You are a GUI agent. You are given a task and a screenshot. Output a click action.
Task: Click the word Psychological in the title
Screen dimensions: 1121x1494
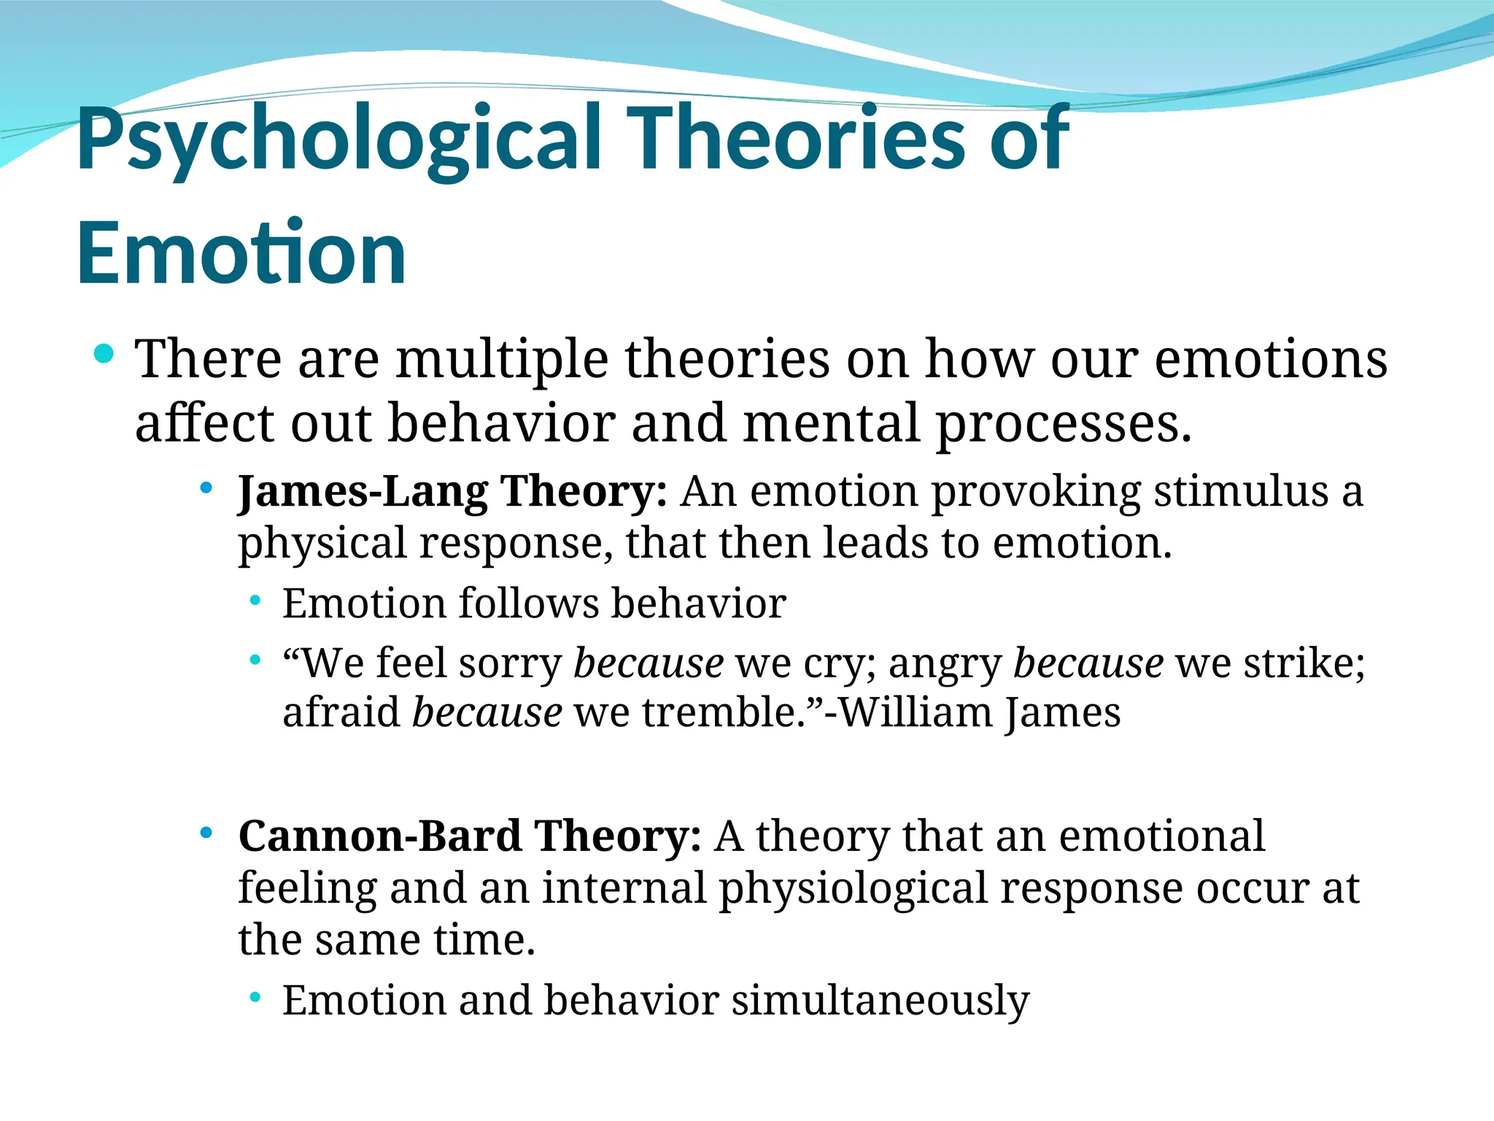(x=338, y=140)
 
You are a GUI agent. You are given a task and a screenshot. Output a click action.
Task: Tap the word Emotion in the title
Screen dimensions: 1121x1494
(x=241, y=253)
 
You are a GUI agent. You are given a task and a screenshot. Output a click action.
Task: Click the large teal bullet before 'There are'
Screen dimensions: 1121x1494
(x=104, y=355)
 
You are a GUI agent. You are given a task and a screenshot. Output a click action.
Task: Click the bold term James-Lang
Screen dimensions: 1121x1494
(x=363, y=492)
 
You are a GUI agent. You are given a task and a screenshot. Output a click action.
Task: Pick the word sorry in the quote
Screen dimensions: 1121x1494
(x=510, y=664)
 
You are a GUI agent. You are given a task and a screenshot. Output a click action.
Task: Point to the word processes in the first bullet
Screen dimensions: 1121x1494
(x=1063, y=425)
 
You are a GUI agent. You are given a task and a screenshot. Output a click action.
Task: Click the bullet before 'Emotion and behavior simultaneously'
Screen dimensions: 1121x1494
(x=255, y=998)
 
